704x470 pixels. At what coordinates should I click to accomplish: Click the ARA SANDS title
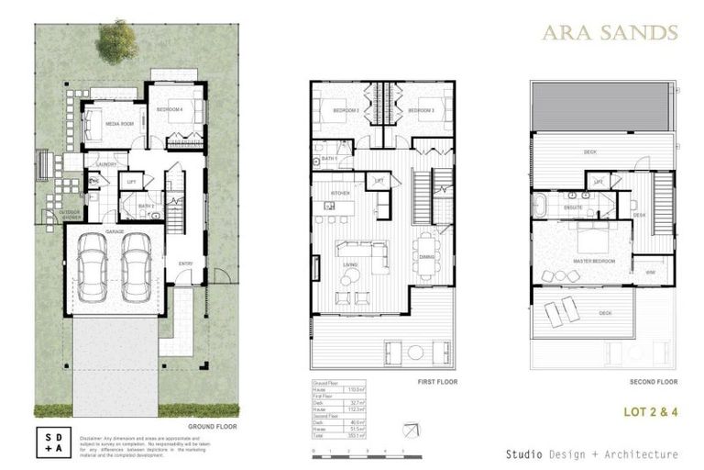[609, 33]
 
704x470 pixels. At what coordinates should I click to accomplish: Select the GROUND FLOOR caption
[214, 427]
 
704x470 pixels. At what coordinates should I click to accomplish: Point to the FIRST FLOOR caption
[436, 381]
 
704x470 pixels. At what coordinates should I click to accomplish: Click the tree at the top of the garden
[118, 41]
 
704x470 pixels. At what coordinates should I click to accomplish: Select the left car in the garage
[93, 267]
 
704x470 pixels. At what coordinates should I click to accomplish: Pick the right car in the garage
[136, 267]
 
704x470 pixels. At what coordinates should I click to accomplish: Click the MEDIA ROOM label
[120, 123]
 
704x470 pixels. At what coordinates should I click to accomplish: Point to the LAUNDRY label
[105, 165]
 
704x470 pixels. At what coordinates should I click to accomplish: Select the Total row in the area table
[338, 435]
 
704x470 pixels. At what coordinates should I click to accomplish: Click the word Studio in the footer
[523, 454]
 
